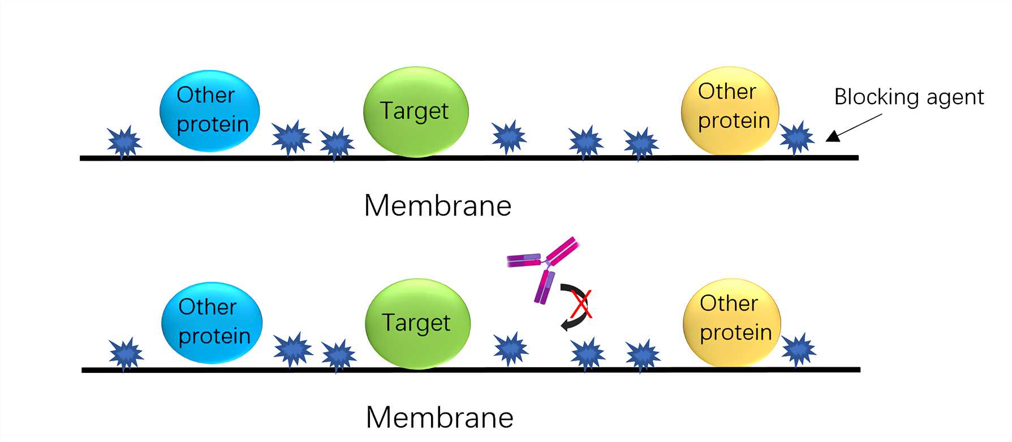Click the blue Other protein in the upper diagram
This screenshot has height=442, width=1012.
click(210, 110)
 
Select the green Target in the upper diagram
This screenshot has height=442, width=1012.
click(415, 111)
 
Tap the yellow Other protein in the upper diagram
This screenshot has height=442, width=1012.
click(730, 110)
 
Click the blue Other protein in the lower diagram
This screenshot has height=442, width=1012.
click(212, 323)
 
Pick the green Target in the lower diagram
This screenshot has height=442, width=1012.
click(417, 323)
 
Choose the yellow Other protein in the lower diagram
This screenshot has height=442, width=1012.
click(732, 322)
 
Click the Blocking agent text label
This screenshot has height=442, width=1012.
click(909, 97)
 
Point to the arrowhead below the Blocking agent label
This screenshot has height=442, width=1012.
click(832, 136)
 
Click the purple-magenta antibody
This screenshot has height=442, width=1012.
click(545, 266)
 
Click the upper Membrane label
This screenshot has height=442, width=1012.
click(437, 205)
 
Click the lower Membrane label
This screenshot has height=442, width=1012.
click(440, 418)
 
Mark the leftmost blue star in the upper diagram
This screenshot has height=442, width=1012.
click(124, 141)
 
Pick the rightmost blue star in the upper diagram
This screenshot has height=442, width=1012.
click(797, 138)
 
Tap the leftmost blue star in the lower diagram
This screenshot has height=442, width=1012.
click(126, 354)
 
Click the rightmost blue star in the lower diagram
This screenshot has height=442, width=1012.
click(799, 350)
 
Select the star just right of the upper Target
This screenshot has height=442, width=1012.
click(509, 136)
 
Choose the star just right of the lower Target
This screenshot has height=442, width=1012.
click(510, 349)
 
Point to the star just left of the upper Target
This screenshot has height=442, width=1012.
click(337, 144)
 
